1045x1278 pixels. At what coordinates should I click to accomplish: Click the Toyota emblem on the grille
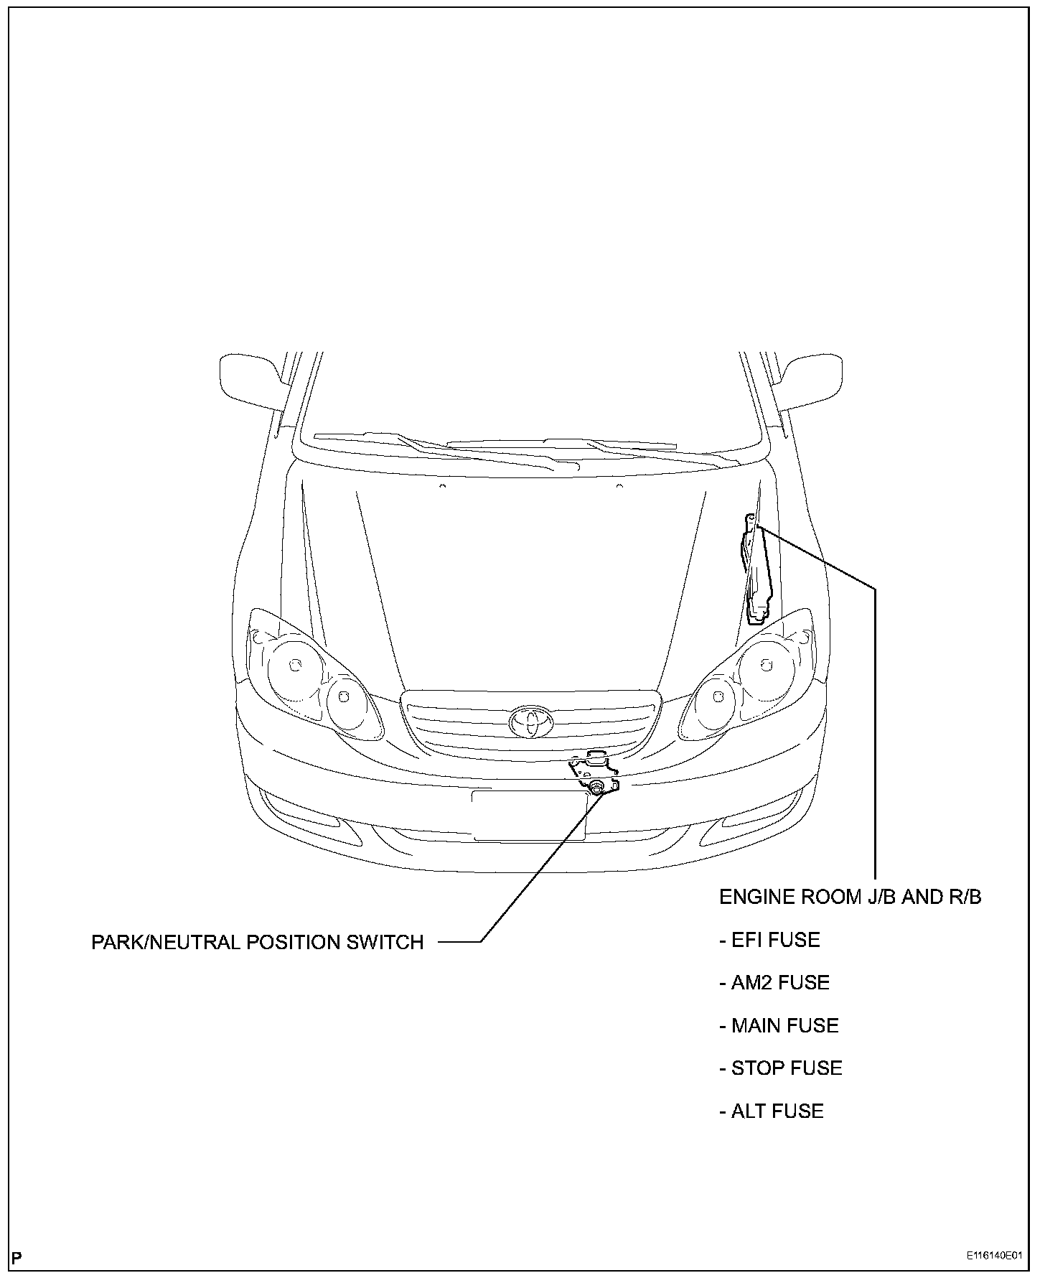pyautogui.click(x=531, y=721)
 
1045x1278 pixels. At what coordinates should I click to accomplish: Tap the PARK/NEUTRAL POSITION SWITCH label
pyautogui.click(x=257, y=942)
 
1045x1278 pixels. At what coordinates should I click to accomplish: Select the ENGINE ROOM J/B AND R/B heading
pyautogui.click(x=850, y=897)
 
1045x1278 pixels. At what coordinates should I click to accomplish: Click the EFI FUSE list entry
pyautogui.click(x=769, y=940)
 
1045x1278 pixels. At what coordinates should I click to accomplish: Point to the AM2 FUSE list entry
pyautogui.click(x=774, y=982)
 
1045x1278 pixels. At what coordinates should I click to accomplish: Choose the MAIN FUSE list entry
pyautogui.click(x=779, y=1025)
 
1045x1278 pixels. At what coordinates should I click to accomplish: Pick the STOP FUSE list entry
pyautogui.click(x=781, y=1068)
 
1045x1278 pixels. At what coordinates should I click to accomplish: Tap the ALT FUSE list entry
pyautogui.click(x=772, y=1111)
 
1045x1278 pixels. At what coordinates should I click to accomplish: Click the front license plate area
pyautogui.click(x=529, y=815)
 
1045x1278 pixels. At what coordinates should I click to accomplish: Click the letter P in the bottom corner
pyautogui.click(x=18, y=1257)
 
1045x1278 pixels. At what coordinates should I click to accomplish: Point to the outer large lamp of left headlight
pyautogui.click(x=294, y=666)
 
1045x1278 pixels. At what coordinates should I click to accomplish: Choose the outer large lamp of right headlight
pyautogui.click(x=766, y=666)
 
